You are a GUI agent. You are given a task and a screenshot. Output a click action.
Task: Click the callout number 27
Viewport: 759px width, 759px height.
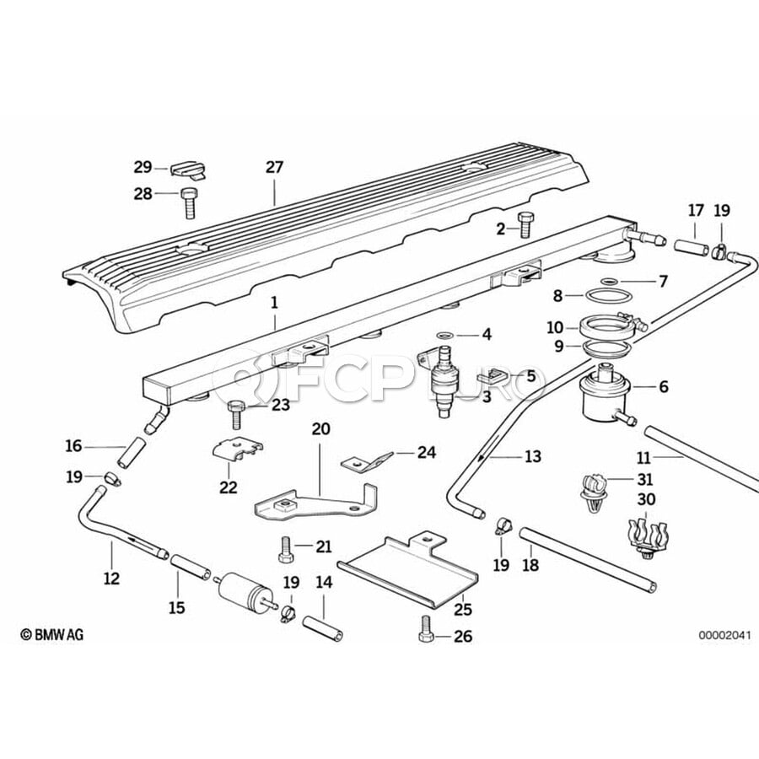click(x=274, y=168)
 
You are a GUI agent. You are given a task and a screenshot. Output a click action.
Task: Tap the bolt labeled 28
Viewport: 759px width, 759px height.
click(x=189, y=203)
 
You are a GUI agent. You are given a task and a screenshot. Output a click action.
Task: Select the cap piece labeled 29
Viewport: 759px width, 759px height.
click(x=189, y=170)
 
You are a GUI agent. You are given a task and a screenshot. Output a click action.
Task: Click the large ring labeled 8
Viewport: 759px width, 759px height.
click(x=610, y=295)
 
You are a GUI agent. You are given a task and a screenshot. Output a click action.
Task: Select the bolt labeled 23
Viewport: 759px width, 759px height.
click(x=236, y=414)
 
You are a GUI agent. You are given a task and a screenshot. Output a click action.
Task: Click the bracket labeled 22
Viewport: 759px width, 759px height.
click(x=237, y=449)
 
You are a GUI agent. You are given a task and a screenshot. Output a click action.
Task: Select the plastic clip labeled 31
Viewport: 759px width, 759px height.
click(x=594, y=493)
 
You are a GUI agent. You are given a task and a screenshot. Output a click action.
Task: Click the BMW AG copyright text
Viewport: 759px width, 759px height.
click(x=51, y=634)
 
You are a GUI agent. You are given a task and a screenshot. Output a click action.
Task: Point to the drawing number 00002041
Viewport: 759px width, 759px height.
click(x=724, y=635)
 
